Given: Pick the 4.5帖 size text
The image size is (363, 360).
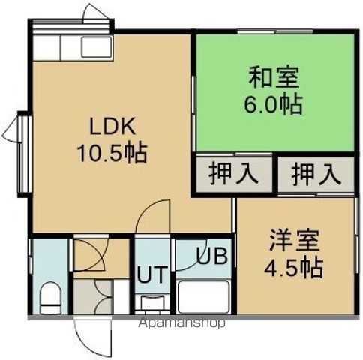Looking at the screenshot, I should (293, 266).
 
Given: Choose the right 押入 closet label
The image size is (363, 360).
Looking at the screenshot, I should (315, 174).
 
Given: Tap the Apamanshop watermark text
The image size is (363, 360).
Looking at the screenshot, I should (181, 325).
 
